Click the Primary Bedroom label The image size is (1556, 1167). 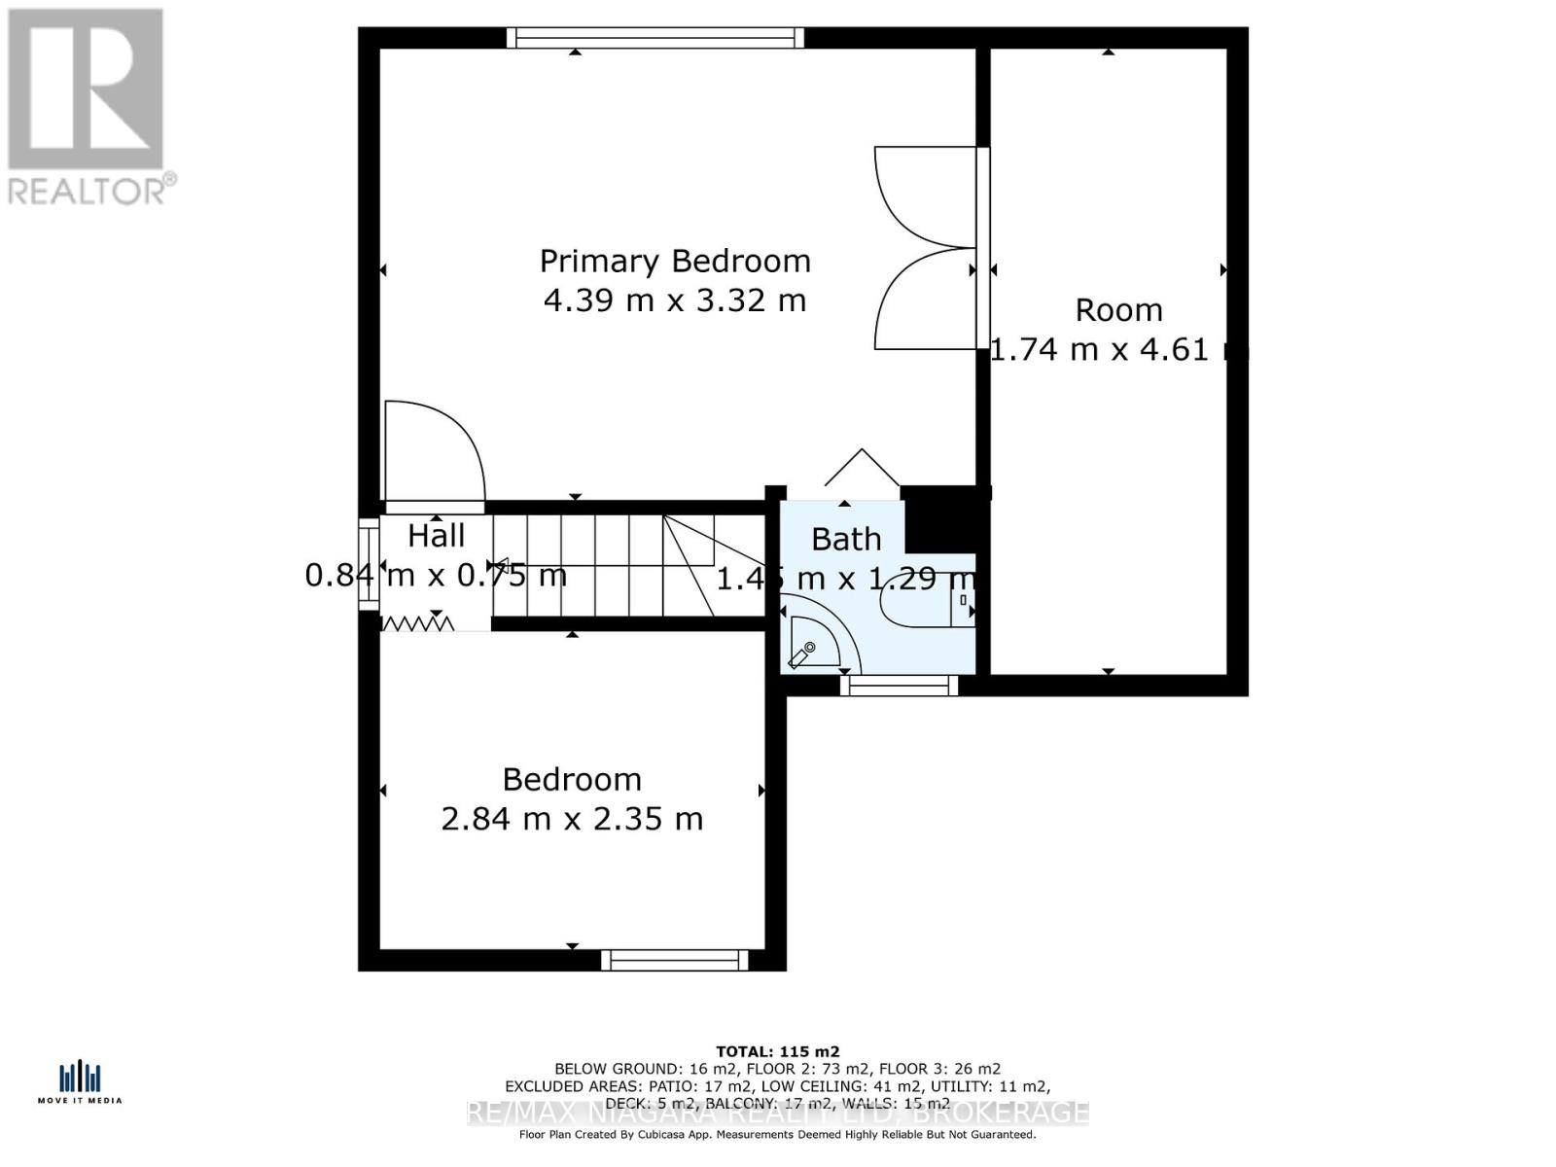(675, 261)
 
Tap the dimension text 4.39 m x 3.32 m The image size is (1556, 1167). (675, 301)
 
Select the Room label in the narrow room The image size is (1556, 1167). (1118, 310)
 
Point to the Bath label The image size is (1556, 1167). (846, 539)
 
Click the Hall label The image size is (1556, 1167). (436, 536)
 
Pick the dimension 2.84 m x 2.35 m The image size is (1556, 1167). (572, 819)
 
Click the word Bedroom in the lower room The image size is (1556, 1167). (572, 779)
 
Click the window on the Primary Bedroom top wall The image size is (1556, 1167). (655, 38)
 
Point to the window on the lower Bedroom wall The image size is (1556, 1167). (675, 961)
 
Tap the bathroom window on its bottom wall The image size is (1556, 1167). (900, 686)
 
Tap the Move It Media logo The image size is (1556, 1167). (80, 1082)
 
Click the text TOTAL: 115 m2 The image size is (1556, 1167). (777, 1051)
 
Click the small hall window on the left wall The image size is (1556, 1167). (369, 565)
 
